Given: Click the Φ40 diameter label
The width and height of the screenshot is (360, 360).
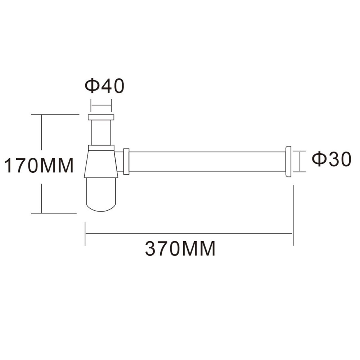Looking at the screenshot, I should pyautogui.click(x=104, y=86).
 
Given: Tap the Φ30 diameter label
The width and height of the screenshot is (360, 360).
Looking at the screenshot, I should pyautogui.click(x=331, y=159).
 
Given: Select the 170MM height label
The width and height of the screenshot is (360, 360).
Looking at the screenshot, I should pyautogui.click(x=39, y=166).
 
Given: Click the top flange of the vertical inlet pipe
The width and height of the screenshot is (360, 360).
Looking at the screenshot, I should pyautogui.click(x=101, y=117).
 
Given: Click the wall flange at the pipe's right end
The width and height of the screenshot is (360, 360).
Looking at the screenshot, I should pyautogui.click(x=288, y=162).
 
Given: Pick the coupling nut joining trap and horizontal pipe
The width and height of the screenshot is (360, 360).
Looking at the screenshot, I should pyautogui.click(x=126, y=161).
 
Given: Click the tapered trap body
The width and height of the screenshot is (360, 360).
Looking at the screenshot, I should pyautogui.click(x=101, y=164).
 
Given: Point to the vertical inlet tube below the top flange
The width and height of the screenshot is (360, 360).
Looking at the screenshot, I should pyautogui.click(x=101, y=132).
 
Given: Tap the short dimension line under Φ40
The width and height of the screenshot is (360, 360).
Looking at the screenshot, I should pyautogui.click(x=101, y=105).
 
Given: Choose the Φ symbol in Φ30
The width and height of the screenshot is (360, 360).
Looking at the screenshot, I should pyautogui.click(x=318, y=159).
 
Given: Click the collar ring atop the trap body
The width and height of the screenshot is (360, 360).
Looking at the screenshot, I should pyautogui.click(x=101, y=147).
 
